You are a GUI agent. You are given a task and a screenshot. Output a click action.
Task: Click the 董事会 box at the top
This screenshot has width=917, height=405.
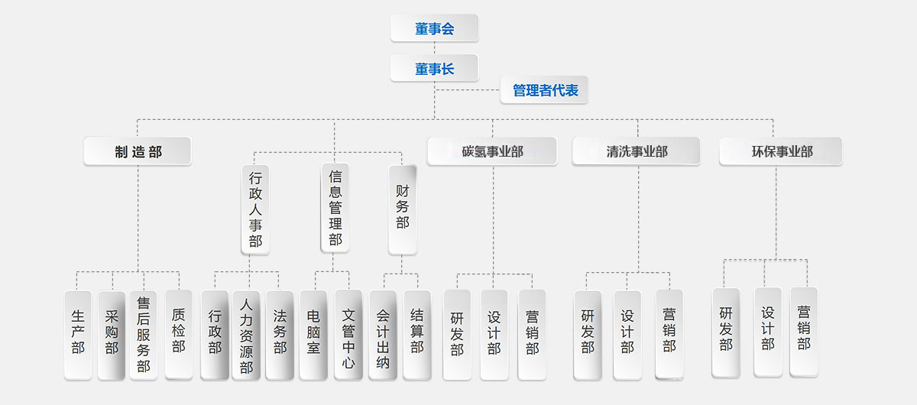(434, 29)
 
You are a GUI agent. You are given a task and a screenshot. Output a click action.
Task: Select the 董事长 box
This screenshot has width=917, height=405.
(434, 69)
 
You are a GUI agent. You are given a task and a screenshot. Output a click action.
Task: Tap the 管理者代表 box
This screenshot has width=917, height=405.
(545, 90)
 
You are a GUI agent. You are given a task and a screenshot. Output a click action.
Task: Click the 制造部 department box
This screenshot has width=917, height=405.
(138, 151)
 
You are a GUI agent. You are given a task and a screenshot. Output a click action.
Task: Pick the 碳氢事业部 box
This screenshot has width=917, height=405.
(492, 151)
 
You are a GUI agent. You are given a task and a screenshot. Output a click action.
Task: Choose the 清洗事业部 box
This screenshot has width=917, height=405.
(636, 151)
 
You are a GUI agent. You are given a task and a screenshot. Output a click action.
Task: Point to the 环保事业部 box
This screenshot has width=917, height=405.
(780, 151)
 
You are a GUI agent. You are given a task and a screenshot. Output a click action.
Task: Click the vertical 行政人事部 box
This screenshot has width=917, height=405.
(255, 209)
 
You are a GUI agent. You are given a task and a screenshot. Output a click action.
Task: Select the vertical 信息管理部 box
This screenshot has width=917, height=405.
(335, 208)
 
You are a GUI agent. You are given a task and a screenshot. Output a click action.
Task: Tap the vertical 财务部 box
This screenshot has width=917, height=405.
(402, 209)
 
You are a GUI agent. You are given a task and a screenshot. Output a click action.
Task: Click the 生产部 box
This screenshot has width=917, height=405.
(78, 334)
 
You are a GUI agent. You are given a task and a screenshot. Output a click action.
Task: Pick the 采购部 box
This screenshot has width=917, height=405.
(112, 334)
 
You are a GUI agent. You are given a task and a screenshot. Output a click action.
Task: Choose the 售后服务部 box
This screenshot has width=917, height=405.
(144, 334)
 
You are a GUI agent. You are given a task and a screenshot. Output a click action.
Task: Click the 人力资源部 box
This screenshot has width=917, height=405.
(246, 334)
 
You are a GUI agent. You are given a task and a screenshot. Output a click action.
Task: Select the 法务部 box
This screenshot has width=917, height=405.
(280, 334)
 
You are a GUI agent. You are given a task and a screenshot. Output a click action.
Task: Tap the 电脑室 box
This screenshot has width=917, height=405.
(313, 334)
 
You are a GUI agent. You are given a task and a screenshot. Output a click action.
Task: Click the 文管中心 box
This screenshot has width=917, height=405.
(348, 334)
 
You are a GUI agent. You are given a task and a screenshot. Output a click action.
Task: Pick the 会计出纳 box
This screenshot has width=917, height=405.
(383, 334)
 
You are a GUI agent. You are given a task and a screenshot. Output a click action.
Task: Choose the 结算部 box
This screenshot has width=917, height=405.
(417, 334)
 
